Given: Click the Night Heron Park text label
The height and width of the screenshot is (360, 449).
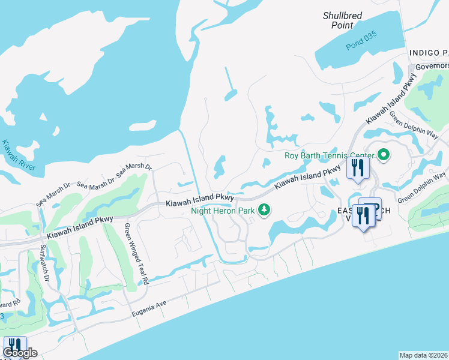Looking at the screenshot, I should point(223,210).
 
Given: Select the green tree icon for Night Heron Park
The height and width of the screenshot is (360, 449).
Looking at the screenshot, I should point(263,209).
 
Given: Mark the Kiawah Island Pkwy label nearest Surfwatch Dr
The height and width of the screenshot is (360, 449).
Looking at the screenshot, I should point(80,226).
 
